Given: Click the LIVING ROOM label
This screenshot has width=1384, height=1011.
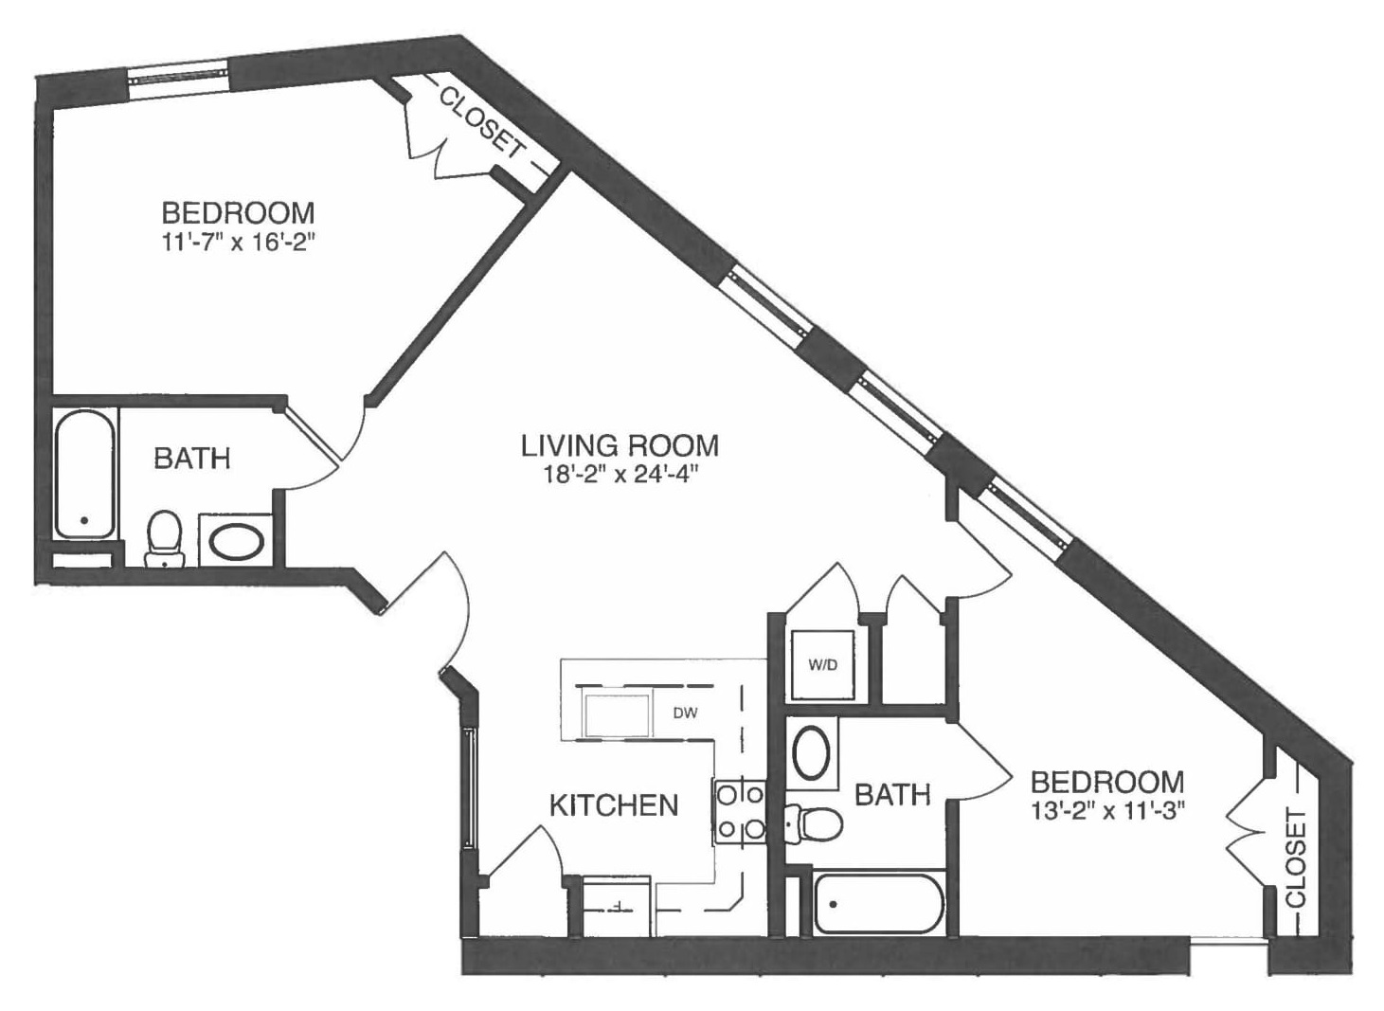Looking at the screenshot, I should coord(620,444).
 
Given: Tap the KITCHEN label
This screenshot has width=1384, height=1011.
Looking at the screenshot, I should coord(614,805).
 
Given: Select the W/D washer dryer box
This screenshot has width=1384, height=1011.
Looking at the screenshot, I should coord(822,665).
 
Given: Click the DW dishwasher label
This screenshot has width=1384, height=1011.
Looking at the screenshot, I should coord(685,713).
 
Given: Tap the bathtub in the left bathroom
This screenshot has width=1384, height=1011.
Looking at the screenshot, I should coord(84,474).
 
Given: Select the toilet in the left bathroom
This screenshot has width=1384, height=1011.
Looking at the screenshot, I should coord(165,538).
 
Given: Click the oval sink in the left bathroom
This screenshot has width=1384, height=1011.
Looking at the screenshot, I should coord(237,542).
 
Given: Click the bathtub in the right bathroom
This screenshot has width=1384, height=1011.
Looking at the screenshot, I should coord(878,904).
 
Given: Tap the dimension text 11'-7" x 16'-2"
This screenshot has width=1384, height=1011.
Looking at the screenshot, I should coord(237,243).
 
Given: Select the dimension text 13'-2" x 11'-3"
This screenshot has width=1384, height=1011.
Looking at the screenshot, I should coord(1107,811).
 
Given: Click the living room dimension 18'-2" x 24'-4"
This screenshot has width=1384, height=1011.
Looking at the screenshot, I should coord(620,475).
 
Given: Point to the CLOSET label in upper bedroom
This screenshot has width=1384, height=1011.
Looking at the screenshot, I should coord(481,121).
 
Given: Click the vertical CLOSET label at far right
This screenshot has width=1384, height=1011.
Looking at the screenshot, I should coord(1296,858).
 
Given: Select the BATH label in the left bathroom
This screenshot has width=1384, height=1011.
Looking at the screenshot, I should coord(192,459).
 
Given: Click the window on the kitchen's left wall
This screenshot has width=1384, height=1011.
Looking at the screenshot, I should coord(469,786).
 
